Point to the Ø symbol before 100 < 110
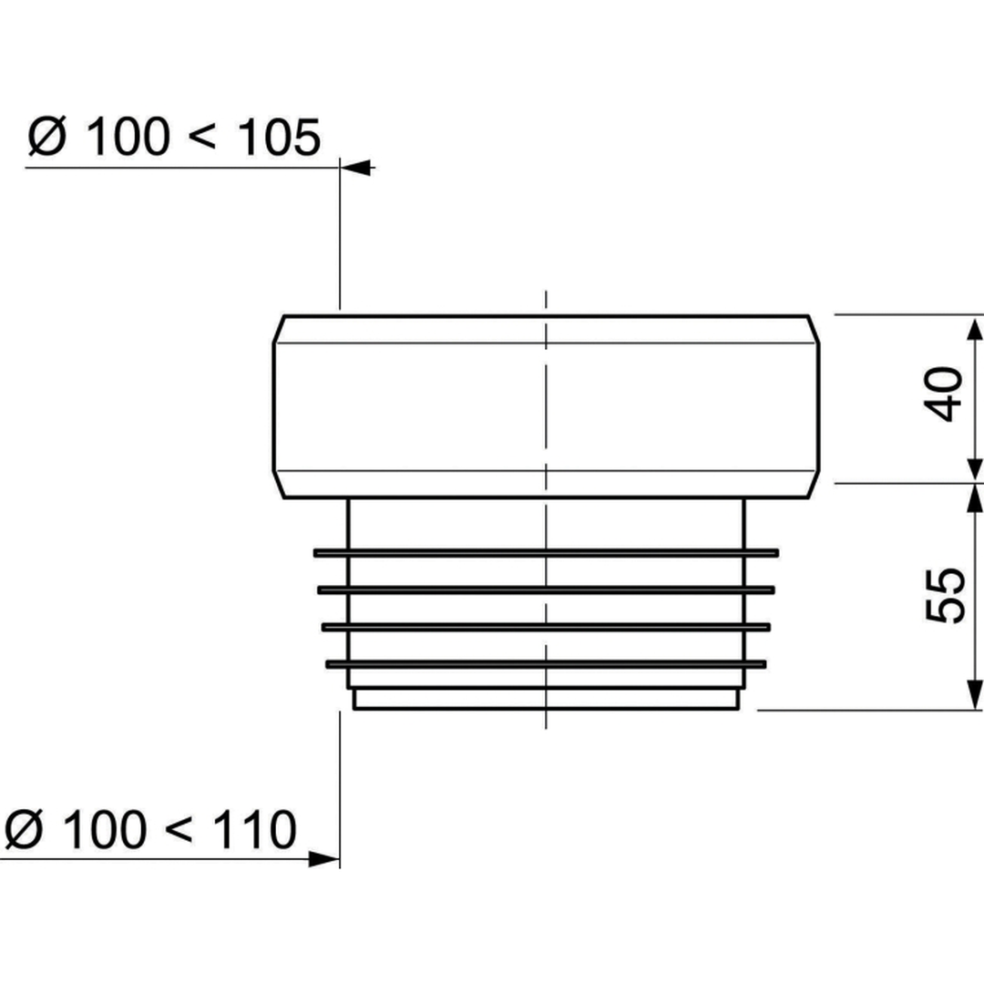[25, 829]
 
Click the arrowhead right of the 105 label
[358, 168]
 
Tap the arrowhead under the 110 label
[324, 859]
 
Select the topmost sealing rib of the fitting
[545, 552]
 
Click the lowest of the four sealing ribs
[545, 663]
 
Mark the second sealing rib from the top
[545, 589]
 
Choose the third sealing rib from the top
[545, 627]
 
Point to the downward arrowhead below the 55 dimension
[975, 697]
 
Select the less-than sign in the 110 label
[177, 831]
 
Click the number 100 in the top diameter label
[128, 138]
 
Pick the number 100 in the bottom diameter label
[105, 829]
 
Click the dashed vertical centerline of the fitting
[545, 410]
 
